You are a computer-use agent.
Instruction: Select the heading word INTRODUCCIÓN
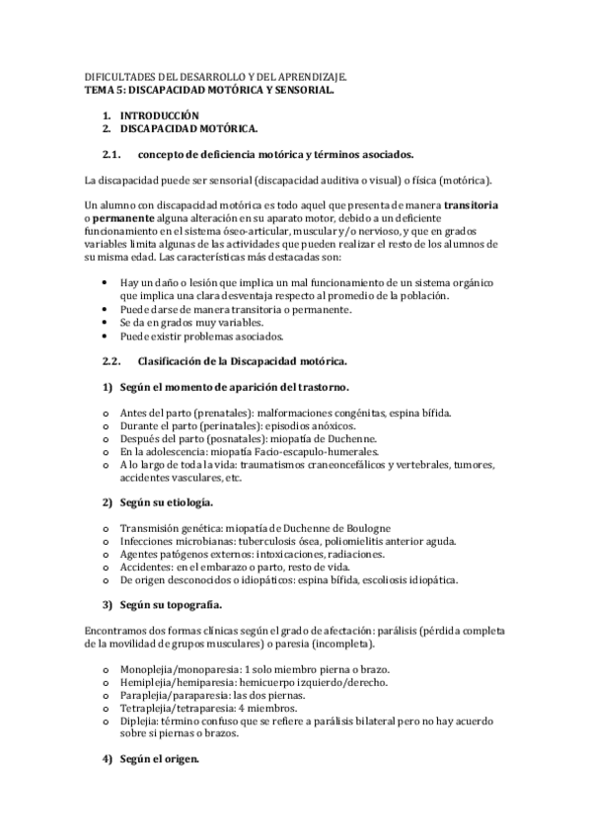[161, 115]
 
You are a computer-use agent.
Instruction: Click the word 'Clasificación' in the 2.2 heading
[176, 361]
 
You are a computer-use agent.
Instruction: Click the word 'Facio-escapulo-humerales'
[277, 451]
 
